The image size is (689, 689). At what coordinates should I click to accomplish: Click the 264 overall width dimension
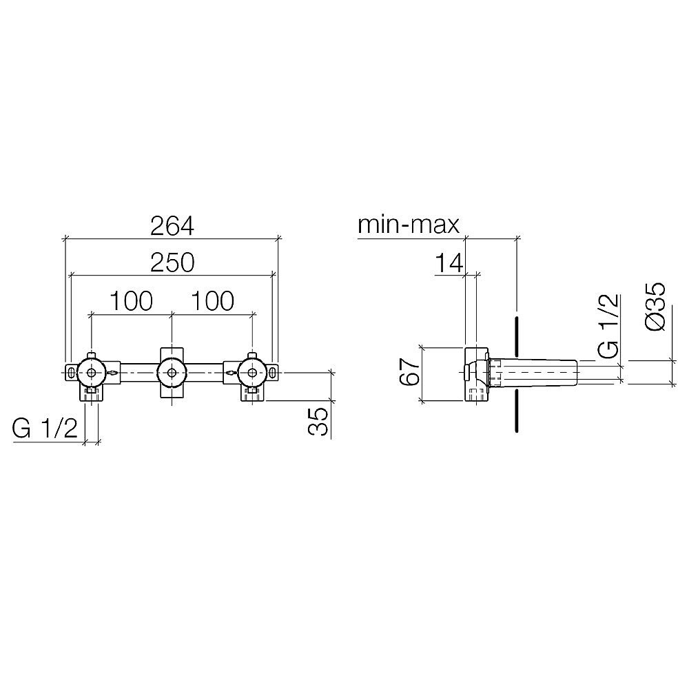[x=172, y=225]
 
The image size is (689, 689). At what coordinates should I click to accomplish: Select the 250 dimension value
[x=172, y=263]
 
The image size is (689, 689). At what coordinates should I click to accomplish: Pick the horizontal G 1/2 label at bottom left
[x=45, y=429]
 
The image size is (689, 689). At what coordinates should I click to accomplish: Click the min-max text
[x=408, y=225]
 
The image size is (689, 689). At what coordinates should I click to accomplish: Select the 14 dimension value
[x=448, y=263]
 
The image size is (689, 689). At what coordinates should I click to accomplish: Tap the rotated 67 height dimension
[x=409, y=373]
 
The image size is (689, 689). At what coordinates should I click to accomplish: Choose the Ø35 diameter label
[x=657, y=306]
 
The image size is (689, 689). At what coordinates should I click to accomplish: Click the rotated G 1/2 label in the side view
[x=608, y=326]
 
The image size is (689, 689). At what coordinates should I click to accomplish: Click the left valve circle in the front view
[x=91, y=373]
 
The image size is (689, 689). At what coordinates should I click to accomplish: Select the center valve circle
[x=172, y=373]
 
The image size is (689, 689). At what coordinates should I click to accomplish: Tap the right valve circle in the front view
[x=252, y=373]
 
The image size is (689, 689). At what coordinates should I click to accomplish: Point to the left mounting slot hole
[x=72, y=373]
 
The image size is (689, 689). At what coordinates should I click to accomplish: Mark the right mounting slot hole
[x=274, y=373]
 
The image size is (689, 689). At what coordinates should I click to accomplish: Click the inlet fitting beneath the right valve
[x=251, y=393]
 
